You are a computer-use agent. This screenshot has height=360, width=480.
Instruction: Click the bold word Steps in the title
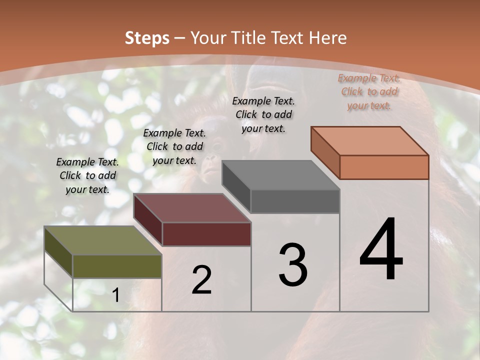point(147,38)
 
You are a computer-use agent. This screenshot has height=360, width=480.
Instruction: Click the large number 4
point(381,249)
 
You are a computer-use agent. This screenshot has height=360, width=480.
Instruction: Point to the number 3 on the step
point(293,265)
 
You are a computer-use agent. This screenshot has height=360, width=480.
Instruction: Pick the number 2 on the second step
point(201,279)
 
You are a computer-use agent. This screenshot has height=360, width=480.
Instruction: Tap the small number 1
point(115,295)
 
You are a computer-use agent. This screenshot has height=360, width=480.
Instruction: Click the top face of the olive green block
point(102,240)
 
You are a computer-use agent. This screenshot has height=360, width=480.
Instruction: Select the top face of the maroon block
point(192,208)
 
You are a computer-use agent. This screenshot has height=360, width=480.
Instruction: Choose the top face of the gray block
point(280,175)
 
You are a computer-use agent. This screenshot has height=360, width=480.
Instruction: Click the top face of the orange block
point(369,141)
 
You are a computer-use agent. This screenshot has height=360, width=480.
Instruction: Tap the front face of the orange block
point(384,167)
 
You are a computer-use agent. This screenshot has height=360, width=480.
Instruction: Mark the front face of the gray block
point(295,201)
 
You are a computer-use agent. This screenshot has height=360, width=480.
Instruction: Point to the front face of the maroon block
point(206,234)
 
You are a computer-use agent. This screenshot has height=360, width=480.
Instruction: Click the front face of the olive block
point(117,266)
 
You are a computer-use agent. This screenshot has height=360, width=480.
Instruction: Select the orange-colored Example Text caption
point(369,91)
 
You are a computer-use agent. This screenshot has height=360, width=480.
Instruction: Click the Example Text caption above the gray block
point(263,114)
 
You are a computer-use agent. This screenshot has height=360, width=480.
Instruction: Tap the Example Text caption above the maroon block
point(174,146)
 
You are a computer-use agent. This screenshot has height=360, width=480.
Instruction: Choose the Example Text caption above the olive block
point(87,175)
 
